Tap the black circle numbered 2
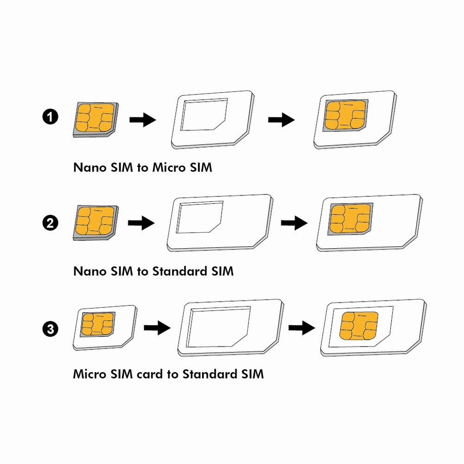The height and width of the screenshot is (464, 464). click(x=50, y=224)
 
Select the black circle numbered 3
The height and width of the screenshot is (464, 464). click(x=50, y=329)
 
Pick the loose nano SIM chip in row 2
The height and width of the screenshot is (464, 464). click(x=95, y=222)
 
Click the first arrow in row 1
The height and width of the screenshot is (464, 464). click(x=142, y=121)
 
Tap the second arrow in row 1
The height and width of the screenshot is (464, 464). click(x=281, y=120)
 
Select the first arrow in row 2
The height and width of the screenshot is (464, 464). click(x=141, y=224)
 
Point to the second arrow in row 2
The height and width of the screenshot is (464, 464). click(x=294, y=224)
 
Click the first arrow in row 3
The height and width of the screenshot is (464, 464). click(x=157, y=328)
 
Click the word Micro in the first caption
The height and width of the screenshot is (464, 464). click(x=168, y=168)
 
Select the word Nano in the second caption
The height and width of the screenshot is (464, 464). click(x=89, y=271)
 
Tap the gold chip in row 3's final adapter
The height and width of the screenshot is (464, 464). click(x=358, y=325)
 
